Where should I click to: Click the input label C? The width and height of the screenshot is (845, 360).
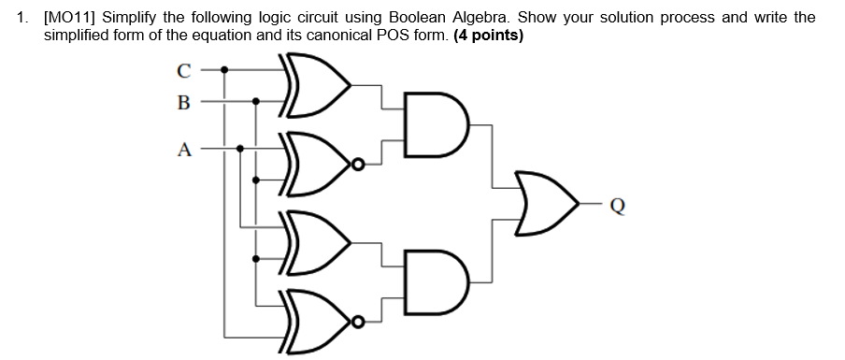click(x=183, y=69)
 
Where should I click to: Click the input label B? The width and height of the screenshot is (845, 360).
click(x=183, y=102)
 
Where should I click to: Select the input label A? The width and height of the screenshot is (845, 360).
click(x=183, y=149)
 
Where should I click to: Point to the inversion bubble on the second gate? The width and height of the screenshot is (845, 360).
click(x=356, y=165)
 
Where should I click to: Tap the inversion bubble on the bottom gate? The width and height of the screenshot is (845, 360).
click(x=356, y=324)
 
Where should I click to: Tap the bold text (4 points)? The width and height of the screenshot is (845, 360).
click(x=488, y=36)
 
